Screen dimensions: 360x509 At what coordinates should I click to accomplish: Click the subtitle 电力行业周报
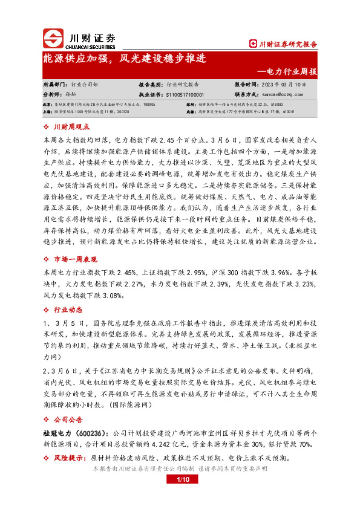(292, 71)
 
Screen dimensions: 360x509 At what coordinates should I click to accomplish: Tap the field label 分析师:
(53, 95)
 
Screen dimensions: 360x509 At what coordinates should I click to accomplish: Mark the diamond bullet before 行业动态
(48, 308)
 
